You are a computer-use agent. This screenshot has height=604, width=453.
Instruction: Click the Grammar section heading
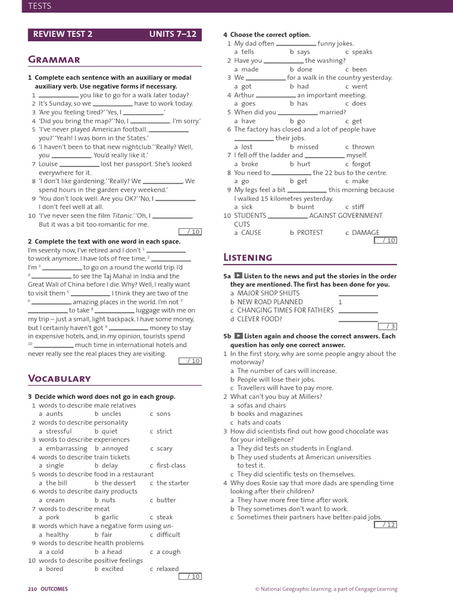[54, 60]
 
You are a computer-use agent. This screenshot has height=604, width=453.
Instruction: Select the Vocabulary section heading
[59, 379]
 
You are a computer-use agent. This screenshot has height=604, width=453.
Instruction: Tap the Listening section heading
[248, 257]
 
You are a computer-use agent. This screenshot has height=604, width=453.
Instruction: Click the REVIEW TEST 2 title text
[63, 34]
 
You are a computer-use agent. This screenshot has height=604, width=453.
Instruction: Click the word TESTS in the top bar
[36, 6]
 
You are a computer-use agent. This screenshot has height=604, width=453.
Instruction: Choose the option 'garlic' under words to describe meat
[110, 517]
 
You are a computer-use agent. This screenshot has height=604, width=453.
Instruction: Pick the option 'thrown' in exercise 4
[363, 147]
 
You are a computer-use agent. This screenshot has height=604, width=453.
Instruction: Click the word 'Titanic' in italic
[123, 216]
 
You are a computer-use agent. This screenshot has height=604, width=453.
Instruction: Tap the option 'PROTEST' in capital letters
[310, 232]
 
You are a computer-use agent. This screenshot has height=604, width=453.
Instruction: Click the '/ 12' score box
[386, 524]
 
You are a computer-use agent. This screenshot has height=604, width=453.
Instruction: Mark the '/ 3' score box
[386, 326]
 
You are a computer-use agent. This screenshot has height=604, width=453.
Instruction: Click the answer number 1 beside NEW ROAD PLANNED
[340, 301]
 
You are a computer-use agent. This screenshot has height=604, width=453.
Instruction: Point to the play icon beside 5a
[238, 276]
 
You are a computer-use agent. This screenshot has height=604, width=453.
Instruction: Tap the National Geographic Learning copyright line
[326, 589]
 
